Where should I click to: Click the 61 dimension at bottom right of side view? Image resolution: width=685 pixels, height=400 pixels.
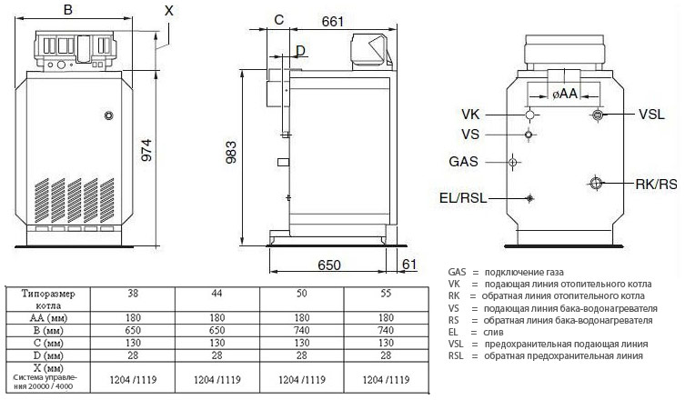pos(408,265)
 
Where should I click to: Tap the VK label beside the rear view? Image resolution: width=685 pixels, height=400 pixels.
pos(471,115)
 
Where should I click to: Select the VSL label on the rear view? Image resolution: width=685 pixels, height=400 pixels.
pos(651,115)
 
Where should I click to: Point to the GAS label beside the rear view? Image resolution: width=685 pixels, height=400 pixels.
pos(465,162)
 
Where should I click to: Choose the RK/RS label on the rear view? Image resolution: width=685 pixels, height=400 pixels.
pos(655,183)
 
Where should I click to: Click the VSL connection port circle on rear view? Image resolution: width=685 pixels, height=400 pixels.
pos(598,115)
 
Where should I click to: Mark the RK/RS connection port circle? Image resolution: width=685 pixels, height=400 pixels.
pos(596,183)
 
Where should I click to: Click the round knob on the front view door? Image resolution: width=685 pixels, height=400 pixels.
pos(109,116)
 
